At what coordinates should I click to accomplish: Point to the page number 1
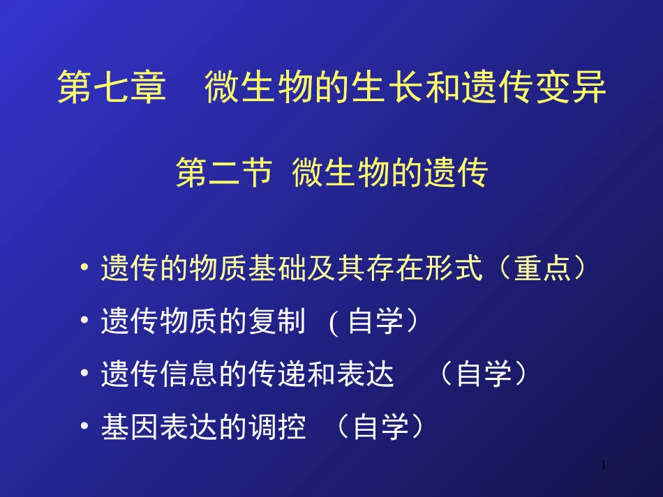click(604, 465)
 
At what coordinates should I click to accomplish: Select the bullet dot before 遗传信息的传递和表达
click(85, 374)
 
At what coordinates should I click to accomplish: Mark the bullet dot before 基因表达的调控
click(85, 427)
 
